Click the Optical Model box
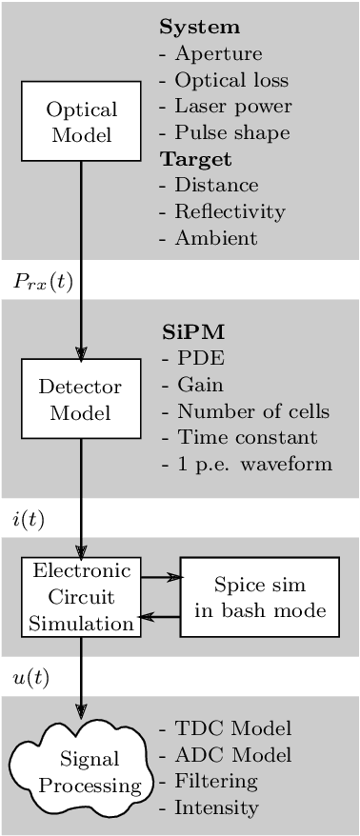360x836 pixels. tap(81, 121)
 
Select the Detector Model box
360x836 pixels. tap(81, 399)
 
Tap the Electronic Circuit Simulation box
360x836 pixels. tap(81, 597)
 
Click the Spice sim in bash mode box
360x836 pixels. tap(259, 597)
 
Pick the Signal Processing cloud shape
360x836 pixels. tap(81, 772)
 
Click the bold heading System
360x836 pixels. tap(199, 27)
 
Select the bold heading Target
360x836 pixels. tap(195, 158)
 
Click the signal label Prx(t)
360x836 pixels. tap(43, 282)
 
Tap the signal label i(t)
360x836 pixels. tap(29, 519)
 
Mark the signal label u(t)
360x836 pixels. tap(30, 677)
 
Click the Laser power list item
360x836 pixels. tap(225, 106)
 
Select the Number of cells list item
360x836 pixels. tap(245, 411)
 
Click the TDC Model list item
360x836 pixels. tap(225, 728)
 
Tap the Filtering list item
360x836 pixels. tap(209, 781)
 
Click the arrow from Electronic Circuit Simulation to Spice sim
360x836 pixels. tap(160, 576)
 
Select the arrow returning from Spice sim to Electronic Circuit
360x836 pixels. tap(160, 617)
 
